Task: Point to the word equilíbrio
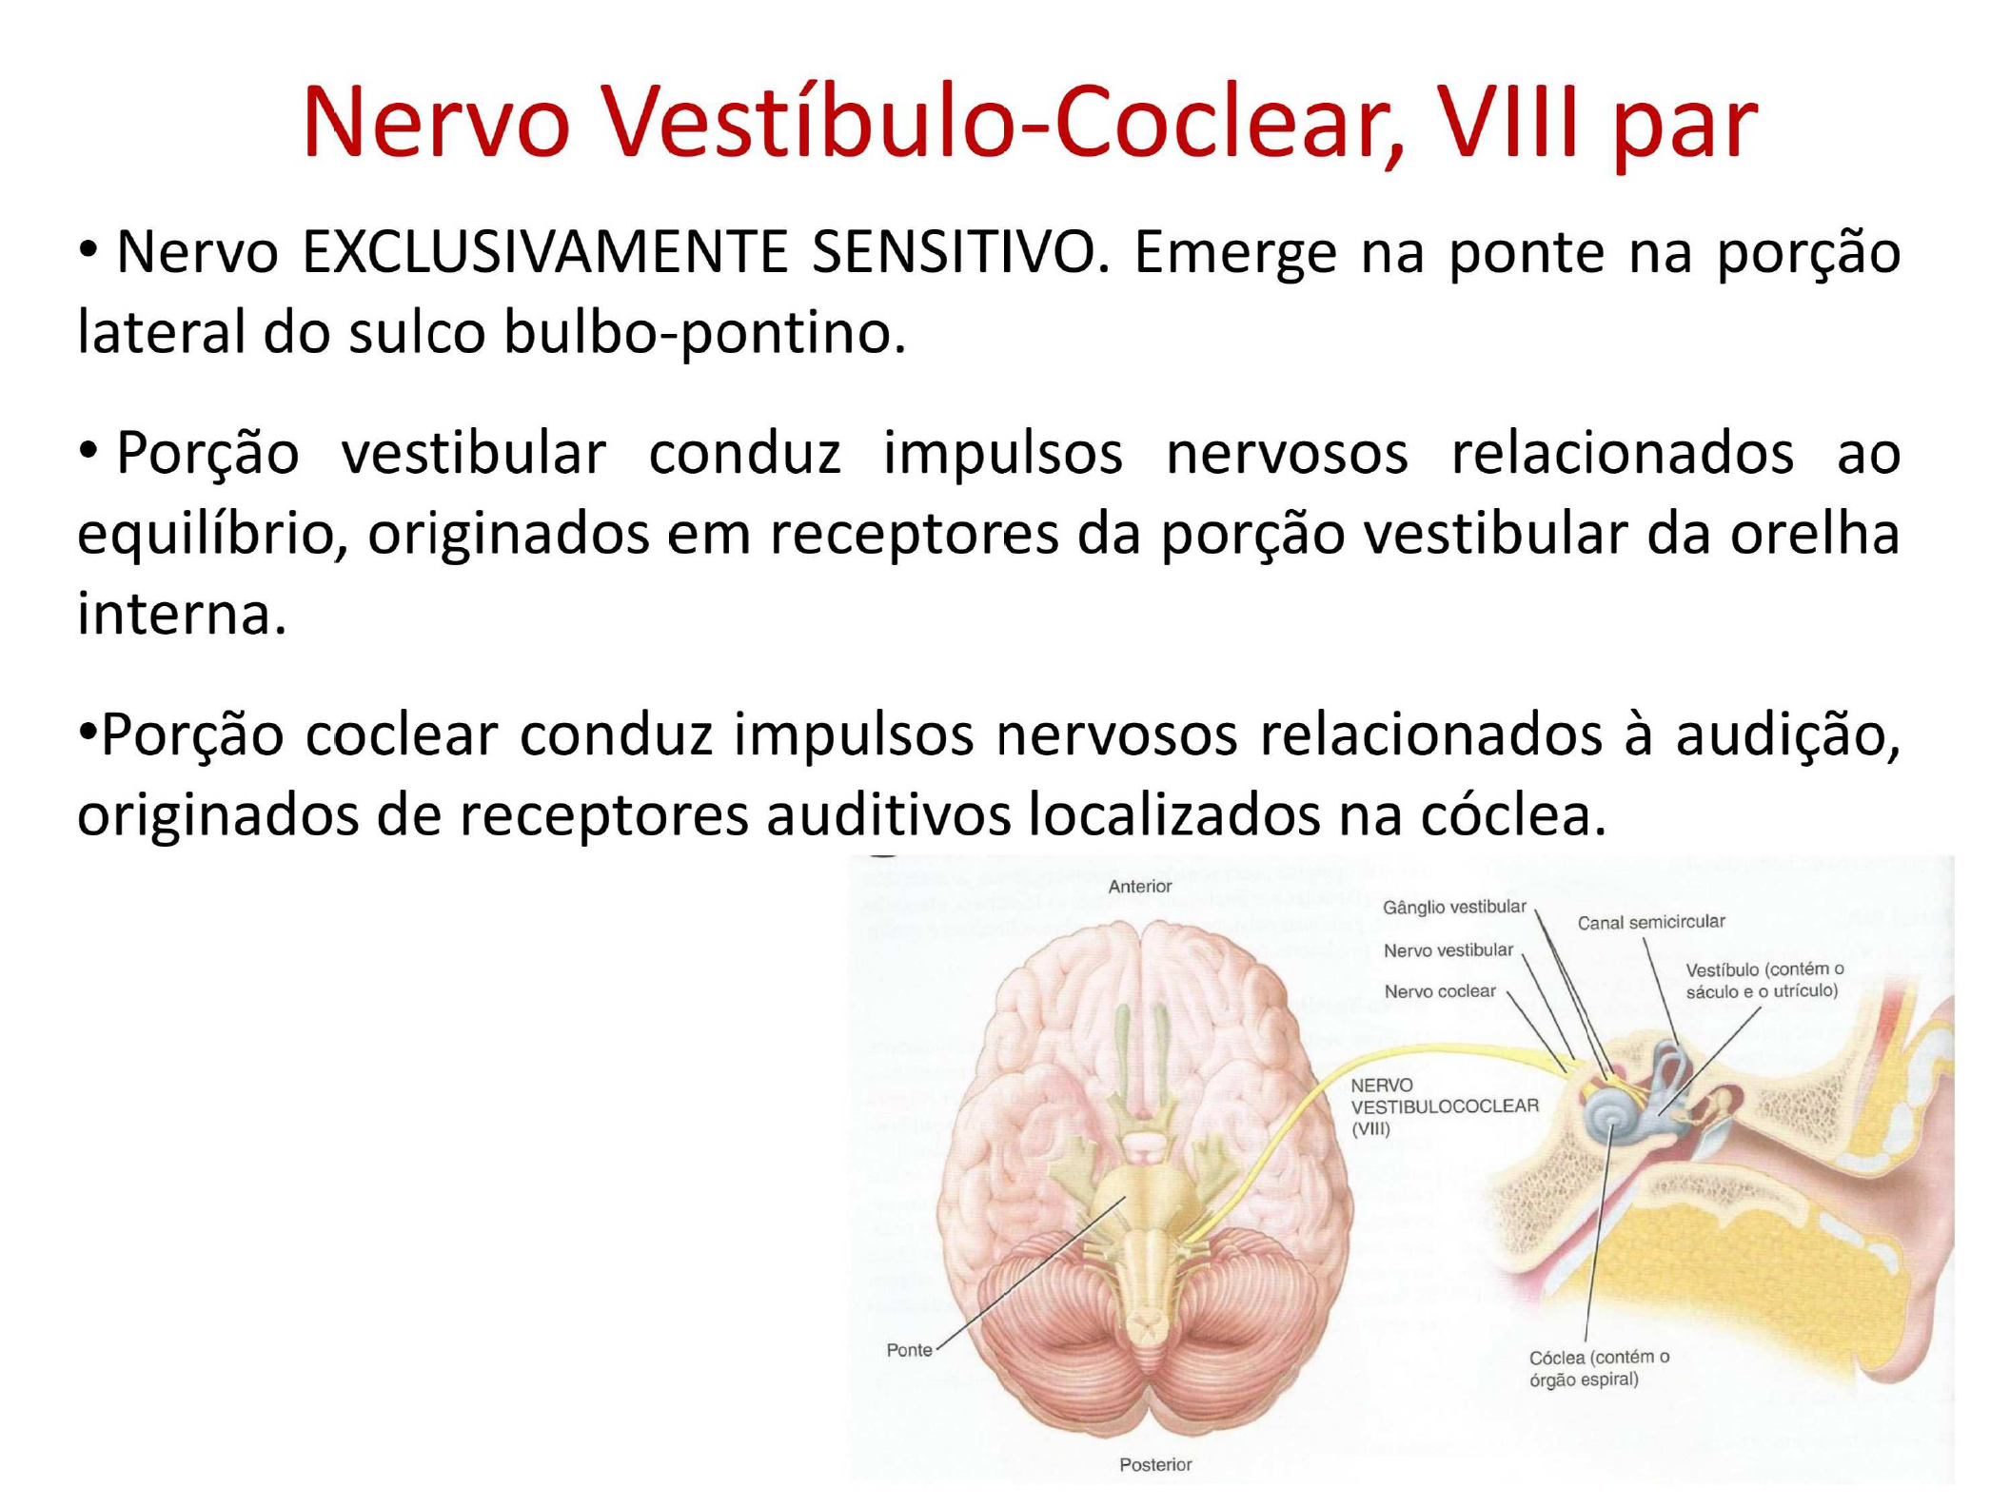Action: [211, 535]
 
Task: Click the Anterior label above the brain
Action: [1139, 887]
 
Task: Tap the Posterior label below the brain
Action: [1154, 1465]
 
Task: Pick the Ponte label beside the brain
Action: [909, 1350]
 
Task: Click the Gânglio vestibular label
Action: [1453, 908]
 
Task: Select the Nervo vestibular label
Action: [1448, 950]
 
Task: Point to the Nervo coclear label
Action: [1439, 991]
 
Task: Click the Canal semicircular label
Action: [1650, 922]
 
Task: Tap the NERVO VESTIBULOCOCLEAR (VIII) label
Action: [1442, 1106]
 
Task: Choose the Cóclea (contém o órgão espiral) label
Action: [1598, 1368]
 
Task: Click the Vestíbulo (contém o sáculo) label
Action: [1764, 980]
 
